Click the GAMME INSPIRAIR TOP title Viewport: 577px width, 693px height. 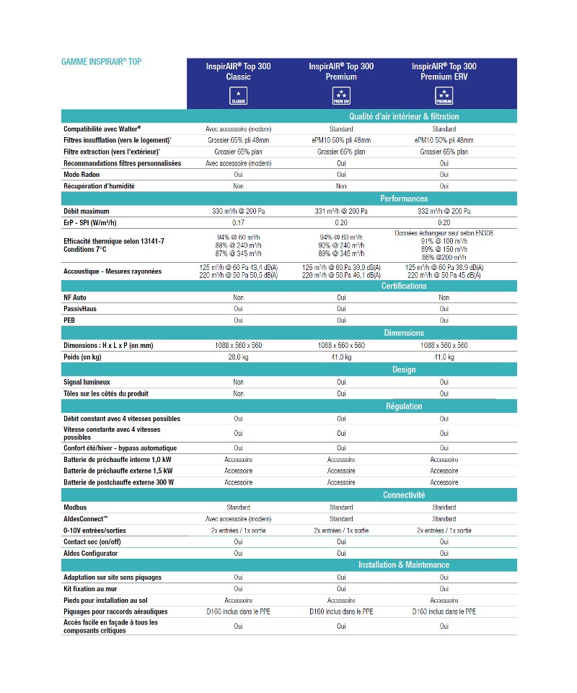click(x=102, y=61)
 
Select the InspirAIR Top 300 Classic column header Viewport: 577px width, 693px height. click(x=238, y=71)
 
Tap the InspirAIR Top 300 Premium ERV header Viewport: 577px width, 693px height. click(x=444, y=71)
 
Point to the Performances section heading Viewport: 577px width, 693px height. click(x=404, y=199)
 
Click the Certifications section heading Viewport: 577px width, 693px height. click(x=404, y=286)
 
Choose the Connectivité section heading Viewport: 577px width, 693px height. click(x=404, y=495)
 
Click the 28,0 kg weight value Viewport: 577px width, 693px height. click(x=239, y=357)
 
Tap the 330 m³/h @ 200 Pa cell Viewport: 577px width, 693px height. click(x=239, y=211)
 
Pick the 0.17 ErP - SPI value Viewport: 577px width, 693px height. click(x=239, y=222)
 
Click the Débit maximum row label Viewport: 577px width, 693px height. click(x=87, y=211)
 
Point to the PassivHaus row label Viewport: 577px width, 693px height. click(x=80, y=308)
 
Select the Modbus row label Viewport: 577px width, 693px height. click(x=76, y=507)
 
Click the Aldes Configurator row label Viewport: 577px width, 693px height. click(x=90, y=553)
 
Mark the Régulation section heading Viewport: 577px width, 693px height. click(x=404, y=406)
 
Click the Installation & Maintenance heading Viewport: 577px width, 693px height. click(x=404, y=565)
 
